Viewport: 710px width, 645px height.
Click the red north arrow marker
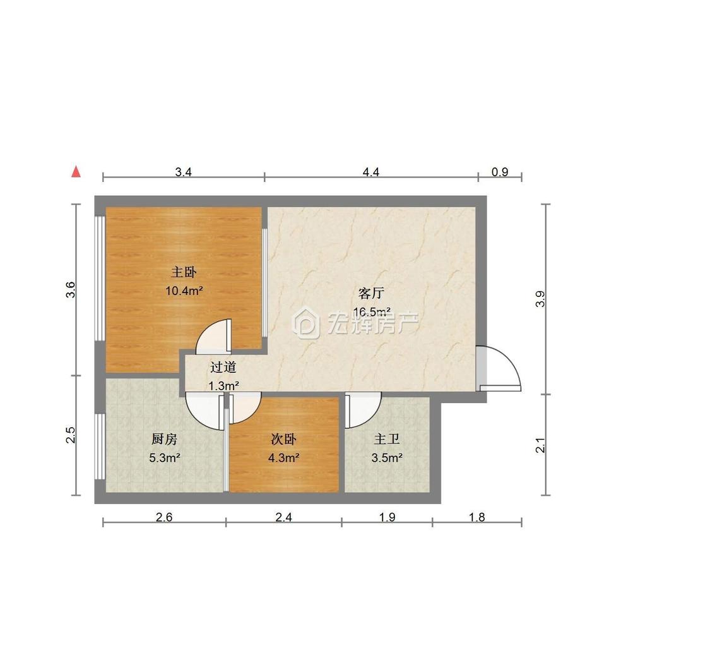(x=76, y=172)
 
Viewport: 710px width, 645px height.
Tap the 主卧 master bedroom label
(x=184, y=272)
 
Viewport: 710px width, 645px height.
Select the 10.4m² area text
(x=184, y=291)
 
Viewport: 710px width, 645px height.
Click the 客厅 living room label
(x=371, y=293)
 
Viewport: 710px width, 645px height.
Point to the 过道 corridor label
(x=223, y=366)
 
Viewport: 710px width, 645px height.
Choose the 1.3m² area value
(x=223, y=385)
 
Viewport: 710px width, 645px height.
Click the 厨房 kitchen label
(x=164, y=439)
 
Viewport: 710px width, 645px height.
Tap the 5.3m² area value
(x=165, y=458)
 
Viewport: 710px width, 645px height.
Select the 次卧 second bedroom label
(x=283, y=439)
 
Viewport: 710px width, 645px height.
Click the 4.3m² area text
(x=283, y=458)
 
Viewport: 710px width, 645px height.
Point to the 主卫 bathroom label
(x=387, y=439)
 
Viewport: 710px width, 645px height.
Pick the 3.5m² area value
(x=387, y=458)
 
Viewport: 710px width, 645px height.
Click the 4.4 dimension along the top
(x=371, y=172)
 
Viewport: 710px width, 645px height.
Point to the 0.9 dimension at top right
(x=500, y=172)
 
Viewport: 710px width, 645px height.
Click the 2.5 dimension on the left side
(x=70, y=435)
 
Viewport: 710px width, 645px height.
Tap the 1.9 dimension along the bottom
(x=387, y=517)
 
